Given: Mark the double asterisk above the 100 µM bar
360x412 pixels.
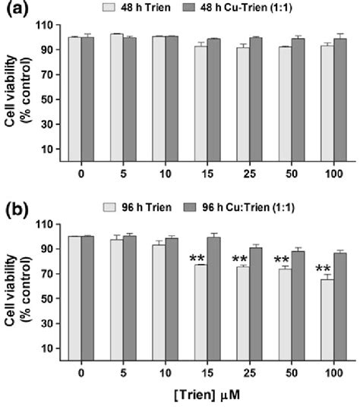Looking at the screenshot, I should pos(325,268).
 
